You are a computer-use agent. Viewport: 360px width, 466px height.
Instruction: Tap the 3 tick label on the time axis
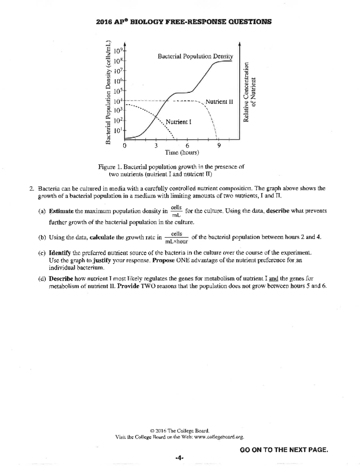tap(156, 146)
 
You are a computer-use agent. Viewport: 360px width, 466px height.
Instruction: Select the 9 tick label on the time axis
tap(219, 146)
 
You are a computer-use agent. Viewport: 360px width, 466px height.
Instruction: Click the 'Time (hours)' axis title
tap(182, 153)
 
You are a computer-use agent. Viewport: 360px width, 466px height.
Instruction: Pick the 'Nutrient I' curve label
tap(178, 122)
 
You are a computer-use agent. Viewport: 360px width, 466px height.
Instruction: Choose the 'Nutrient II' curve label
tap(219, 102)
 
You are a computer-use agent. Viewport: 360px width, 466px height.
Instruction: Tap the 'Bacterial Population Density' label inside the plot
tap(195, 56)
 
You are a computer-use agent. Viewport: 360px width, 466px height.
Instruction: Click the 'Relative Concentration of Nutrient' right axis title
tap(250, 92)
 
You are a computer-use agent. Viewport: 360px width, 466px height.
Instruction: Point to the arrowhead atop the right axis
tap(239, 44)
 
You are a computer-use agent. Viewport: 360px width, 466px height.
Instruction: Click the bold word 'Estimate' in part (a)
tap(61, 211)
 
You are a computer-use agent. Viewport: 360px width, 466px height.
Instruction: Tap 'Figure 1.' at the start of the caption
tap(109, 167)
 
